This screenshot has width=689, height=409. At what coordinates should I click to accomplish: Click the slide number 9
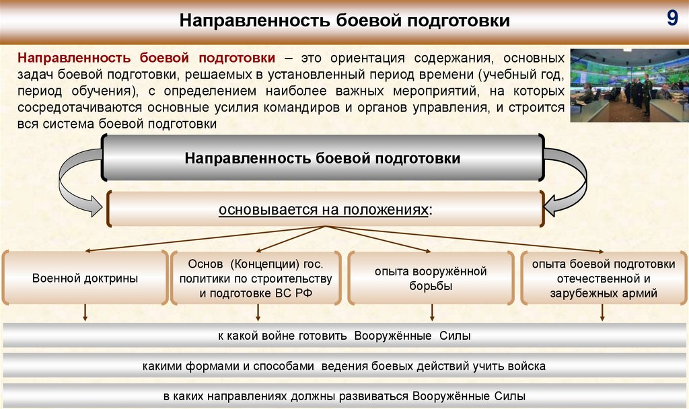pyautogui.click(x=672, y=18)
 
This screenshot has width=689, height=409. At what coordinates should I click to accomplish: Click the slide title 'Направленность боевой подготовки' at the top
pyautogui.click(x=344, y=21)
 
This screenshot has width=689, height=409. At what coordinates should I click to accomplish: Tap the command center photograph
pyautogui.click(x=624, y=85)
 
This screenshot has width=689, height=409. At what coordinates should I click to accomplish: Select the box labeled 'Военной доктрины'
pyautogui.click(x=85, y=278)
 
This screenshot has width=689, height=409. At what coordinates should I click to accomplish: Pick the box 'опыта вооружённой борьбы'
pyautogui.click(x=431, y=278)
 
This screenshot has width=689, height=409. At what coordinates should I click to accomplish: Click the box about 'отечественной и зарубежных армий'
pyautogui.click(x=603, y=278)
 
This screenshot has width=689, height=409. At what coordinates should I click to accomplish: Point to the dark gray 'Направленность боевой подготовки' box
pyautogui.click(x=323, y=158)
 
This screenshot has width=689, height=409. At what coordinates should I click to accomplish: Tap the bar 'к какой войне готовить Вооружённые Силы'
pyautogui.click(x=344, y=336)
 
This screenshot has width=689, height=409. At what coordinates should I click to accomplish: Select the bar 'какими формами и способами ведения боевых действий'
pyautogui.click(x=344, y=367)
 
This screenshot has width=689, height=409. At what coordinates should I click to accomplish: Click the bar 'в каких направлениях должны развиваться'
pyautogui.click(x=344, y=396)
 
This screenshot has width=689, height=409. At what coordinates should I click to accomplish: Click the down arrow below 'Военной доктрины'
pyautogui.click(x=85, y=312)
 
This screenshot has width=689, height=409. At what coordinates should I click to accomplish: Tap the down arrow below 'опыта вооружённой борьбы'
pyautogui.click(x=431, y=312)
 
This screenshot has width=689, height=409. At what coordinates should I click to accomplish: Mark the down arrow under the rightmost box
pyautogui.click(x=602, y=312)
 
